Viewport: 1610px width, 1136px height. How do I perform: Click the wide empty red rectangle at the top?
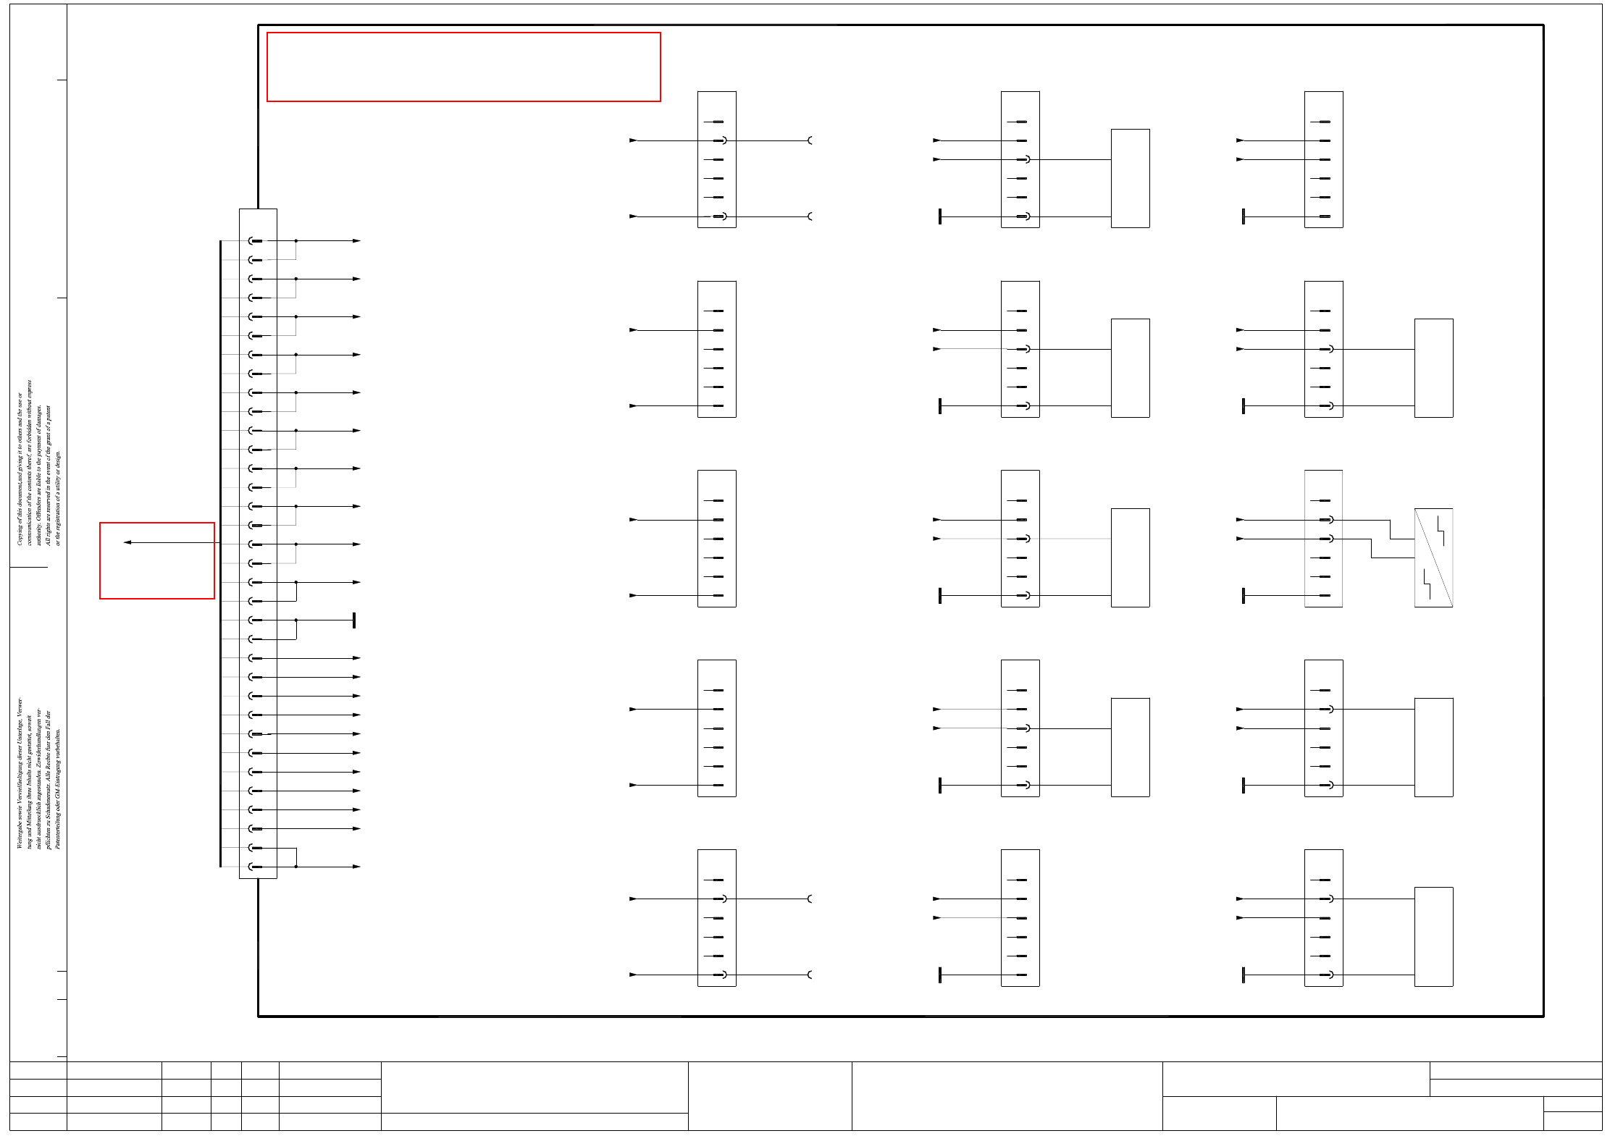(x=464, y=67)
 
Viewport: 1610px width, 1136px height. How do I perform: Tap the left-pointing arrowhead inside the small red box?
(x=127, y=542)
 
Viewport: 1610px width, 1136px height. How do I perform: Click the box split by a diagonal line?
(x=1433, y=558)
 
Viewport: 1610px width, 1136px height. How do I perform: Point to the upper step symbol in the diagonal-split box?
(x=1441, y=530)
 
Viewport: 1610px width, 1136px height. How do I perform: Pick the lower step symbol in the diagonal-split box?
(x=1427, y=585)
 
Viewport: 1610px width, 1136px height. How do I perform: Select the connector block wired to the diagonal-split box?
(x=1323, y=539)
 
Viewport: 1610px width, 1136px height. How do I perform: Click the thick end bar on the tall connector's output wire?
(x=354, y=620)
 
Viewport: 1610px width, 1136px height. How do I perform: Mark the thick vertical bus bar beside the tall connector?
(x=220, y=554)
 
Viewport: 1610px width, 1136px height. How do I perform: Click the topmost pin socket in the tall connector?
(x=255, y=241)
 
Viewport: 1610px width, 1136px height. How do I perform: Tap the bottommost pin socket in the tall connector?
(x=255, y=867)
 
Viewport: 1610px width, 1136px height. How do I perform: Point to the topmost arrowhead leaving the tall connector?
(x=356, y=241)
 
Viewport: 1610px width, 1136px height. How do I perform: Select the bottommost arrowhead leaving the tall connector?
(x=356, y=867)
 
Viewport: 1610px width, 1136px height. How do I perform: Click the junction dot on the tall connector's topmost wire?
(x=296, y=241)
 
